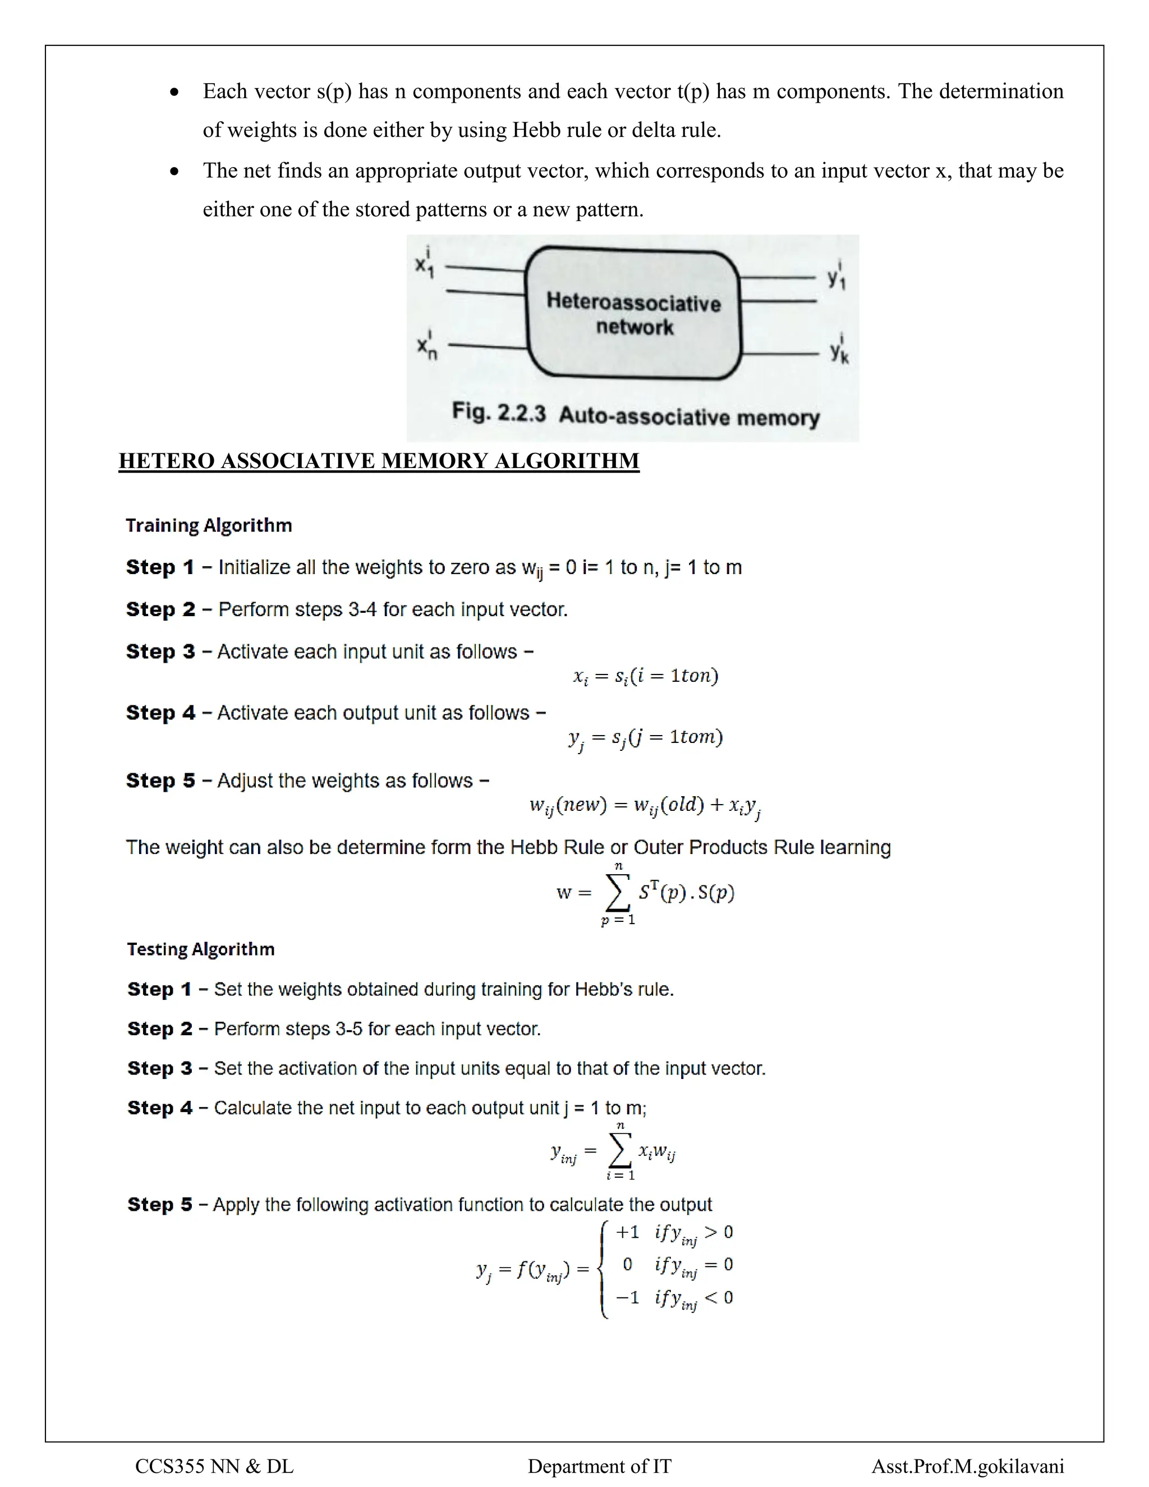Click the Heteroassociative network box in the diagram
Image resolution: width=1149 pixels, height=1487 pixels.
click(633, 313)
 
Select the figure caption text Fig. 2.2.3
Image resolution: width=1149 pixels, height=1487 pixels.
click(499, 412)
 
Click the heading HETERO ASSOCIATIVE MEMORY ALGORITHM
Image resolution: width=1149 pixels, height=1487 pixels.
click(379, 461)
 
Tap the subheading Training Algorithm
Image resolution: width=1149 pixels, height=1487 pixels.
click(209, 526)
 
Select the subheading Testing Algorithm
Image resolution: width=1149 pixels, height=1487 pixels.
click(201, 949)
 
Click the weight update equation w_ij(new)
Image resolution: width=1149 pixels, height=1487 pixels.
click(645, 806)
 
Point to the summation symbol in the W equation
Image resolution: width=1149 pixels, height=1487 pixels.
click(617, 893)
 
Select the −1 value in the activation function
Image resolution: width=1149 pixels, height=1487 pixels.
click(627, 1298)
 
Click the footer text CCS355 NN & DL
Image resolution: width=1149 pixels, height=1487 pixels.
click(214, 1466)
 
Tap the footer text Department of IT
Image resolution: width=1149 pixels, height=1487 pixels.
click(599, 1466)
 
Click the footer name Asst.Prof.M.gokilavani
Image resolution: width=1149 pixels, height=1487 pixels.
click(967, 1466)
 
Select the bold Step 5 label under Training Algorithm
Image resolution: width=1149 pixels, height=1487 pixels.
click(160, 781)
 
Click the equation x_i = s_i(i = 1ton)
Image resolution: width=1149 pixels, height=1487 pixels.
click(645, 676)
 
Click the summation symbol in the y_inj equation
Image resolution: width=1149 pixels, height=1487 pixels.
click(619, 1151)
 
